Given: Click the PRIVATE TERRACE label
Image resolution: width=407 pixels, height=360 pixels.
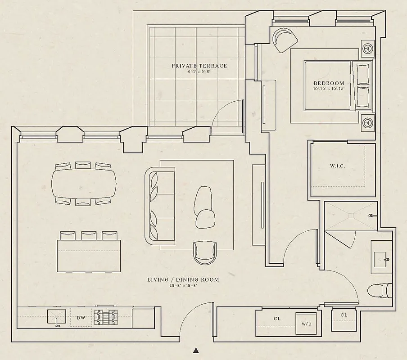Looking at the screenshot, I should pos(199,66).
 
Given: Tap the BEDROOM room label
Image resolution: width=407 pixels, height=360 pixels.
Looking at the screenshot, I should pos(329,83).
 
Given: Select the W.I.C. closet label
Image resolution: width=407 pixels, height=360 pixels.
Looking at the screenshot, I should pos(338,167).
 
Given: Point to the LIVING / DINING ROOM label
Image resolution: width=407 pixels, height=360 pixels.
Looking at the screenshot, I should pos(183,279).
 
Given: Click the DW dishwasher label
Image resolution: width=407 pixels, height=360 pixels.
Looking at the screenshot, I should pos(81,318).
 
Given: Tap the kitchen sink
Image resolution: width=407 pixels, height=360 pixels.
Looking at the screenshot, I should pos(57,317).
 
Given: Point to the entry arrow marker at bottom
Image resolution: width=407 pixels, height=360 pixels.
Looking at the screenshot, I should pos(196,350).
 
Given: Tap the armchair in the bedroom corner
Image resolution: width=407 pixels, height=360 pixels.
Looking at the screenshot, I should pos(285,40).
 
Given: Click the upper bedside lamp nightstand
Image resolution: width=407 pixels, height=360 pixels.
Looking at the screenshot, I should pos(368,48).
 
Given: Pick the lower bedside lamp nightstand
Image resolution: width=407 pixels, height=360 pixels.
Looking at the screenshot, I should pos(368,121).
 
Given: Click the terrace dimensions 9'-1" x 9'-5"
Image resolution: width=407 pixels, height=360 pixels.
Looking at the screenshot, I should pos(199,72).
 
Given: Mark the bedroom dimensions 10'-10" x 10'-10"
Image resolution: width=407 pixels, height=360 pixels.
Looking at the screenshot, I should pos(329,89).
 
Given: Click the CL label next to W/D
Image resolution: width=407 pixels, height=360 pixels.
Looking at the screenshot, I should pos(277,319).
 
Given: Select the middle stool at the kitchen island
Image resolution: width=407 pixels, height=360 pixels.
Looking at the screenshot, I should pos(88,236).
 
